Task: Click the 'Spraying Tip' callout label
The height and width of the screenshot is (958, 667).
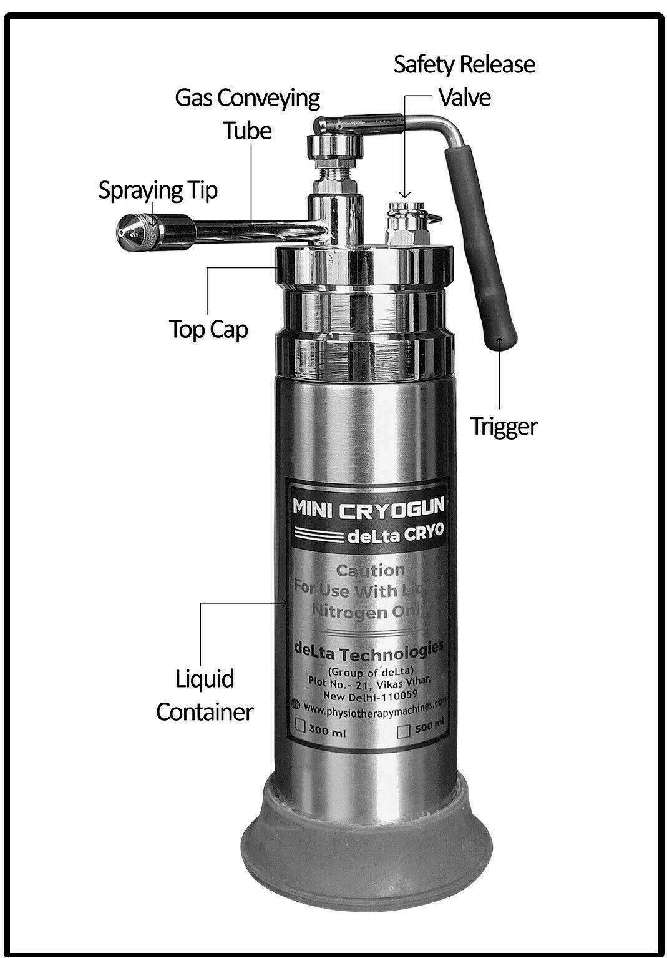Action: coord(158,190)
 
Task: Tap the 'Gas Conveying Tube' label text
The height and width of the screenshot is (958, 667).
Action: coord(248,114)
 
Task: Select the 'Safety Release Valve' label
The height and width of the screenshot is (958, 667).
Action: coord(464,81)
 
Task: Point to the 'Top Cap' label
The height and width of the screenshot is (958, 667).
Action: coord(208,329)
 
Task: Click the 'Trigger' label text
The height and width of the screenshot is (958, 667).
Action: coord(504,427)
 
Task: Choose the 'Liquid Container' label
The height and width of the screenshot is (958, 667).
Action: coord(205,695)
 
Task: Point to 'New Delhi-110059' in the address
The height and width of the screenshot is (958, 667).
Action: coord(370,694)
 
